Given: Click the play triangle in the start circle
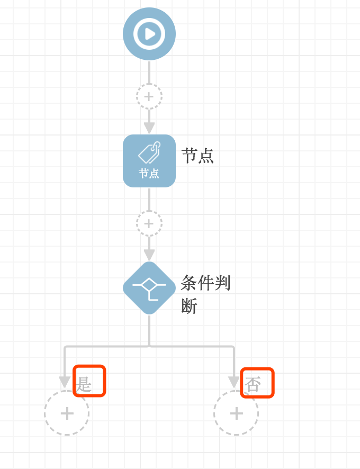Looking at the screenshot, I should click(150, 34).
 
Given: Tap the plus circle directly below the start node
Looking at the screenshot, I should click(149, 96).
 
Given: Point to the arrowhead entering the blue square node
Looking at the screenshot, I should click(149, 128).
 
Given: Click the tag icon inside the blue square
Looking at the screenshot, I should click(149, 153).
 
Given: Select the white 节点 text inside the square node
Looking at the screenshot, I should click(149, 174).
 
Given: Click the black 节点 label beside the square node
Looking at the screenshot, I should click(197, 156).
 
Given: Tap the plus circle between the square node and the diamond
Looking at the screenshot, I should click(149, 223).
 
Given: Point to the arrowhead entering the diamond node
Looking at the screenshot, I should click(149, 255).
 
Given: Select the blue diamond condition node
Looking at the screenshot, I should click(149, 288).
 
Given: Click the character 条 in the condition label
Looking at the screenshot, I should click(189, 283).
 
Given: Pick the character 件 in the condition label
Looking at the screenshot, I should click(206, 283).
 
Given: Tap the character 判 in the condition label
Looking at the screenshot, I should click(222, 283).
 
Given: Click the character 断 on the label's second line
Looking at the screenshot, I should click(189, 306).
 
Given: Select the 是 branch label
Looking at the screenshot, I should click(84, 384).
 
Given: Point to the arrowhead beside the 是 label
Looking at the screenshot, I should click(65, 382).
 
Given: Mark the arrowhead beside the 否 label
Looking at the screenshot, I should click(234, 382).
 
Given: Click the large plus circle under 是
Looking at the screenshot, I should click(67, 413).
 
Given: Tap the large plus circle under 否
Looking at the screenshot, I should click(236, 413).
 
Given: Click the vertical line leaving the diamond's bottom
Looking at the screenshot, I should click(149, 331).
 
